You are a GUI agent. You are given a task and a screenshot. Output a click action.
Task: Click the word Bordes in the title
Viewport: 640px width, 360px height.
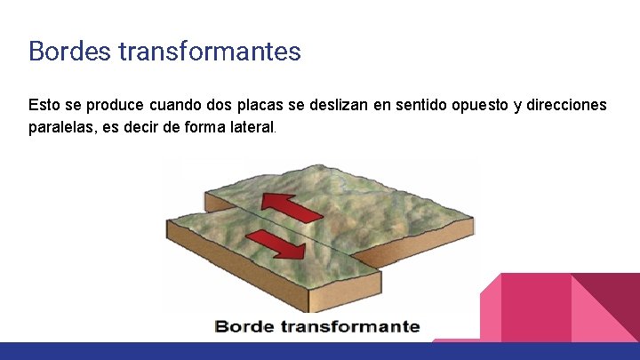tap(68, 51)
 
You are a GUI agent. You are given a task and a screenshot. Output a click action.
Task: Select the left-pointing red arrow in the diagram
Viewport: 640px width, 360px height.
tap(292, 208)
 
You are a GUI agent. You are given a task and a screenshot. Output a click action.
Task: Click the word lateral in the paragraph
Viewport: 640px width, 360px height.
tap(249, 128)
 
